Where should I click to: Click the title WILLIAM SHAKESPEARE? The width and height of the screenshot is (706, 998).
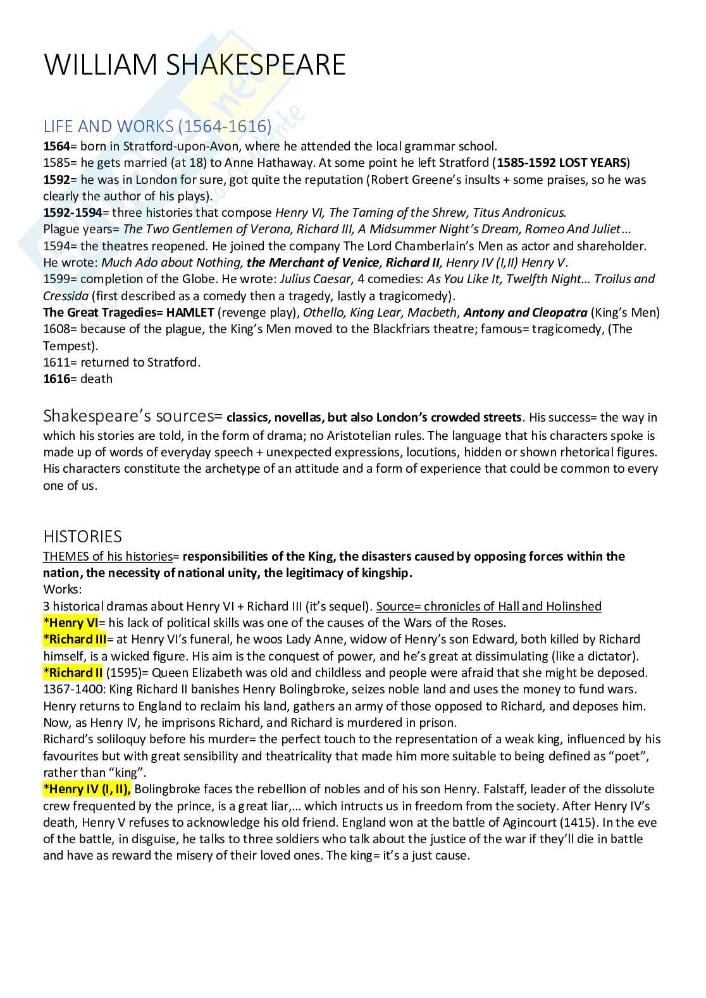pos(194,65)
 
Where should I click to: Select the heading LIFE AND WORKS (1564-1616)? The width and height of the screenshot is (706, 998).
pos(157,126)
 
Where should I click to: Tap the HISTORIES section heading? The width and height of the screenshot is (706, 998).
pos(82,537)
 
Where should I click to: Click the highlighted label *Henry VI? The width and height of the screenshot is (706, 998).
pos(71,623)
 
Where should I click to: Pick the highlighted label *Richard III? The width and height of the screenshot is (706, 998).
pos(75,639)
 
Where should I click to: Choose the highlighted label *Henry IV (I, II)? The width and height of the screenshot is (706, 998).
pos(87,789)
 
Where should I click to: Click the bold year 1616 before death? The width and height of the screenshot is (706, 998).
pos(56,379)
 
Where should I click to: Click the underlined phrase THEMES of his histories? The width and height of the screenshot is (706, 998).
pos(108,556)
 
